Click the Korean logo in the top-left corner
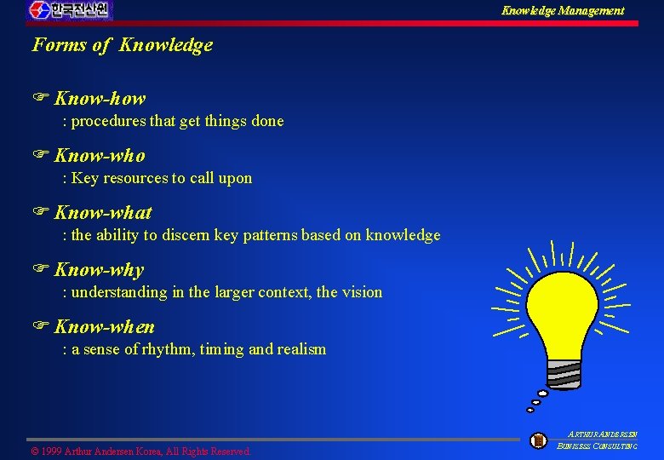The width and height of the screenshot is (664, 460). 69,10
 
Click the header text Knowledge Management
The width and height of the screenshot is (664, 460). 562,11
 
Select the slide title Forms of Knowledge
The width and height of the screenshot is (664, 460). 123,45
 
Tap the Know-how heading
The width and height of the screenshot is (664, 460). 100,99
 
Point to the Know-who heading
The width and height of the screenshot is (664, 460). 100,156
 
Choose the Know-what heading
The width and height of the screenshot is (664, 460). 103,213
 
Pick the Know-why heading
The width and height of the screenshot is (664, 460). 99,270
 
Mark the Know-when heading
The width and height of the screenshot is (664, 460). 104,327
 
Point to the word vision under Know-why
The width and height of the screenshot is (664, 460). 361,292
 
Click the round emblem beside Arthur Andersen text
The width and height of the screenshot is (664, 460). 538,440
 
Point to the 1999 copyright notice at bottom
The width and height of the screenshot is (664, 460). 141,451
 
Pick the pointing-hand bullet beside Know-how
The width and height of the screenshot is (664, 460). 38,99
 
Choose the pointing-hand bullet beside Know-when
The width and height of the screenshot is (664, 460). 38,327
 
